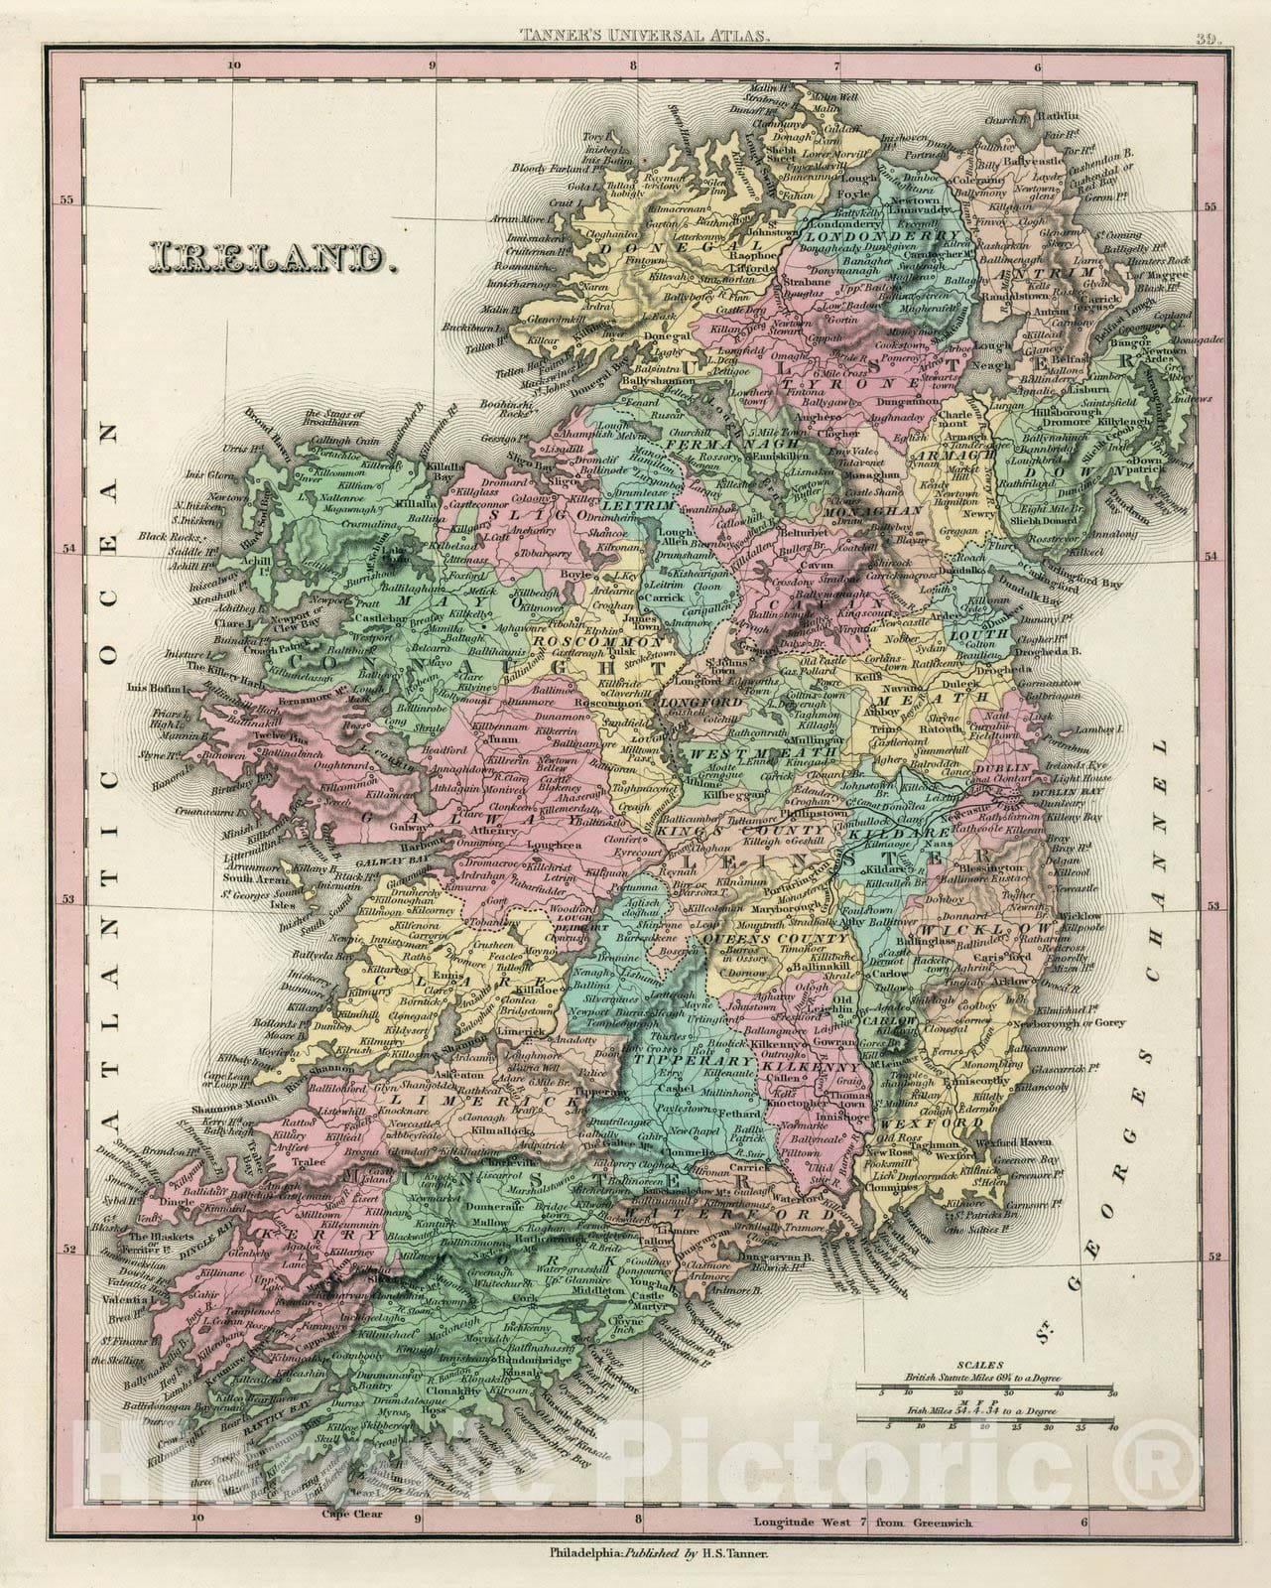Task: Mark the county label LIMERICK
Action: pyautogui.click(x=486, y=1102)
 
